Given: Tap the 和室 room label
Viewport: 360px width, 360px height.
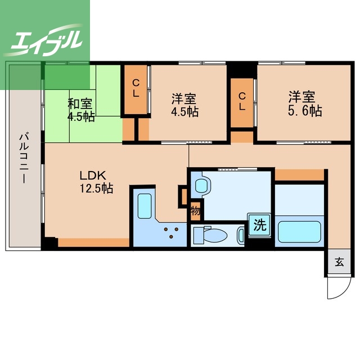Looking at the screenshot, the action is click(x=80, y=104).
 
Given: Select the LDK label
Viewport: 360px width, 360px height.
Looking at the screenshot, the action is click(x=93, y=175).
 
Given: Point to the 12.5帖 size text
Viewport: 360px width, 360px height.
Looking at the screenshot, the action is click(x=96, y=188).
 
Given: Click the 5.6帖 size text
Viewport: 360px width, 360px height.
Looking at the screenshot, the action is click(x=305, y=111).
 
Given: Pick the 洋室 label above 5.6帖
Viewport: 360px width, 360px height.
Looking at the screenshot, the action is click(x=302, y=97).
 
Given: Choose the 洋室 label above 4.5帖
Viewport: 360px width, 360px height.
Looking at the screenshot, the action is click(x=184, y=99).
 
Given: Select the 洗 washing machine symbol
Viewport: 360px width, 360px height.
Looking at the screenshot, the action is click(x=260, y=225).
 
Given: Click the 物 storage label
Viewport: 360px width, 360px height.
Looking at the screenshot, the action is click(x=196, y=211).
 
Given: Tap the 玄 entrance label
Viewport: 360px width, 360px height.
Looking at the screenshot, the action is click(x=339, y=262).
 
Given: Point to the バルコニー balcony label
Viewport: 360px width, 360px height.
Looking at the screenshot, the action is click(x=24, y=159).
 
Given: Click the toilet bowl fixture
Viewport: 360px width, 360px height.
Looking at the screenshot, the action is click(x=211, y=235).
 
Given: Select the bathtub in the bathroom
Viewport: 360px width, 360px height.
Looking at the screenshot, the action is click(x=299, y=231).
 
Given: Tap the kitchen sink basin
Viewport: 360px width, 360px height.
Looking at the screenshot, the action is click(x=145, y=206).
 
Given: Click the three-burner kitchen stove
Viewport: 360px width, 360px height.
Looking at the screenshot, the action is click(x=171, y=232).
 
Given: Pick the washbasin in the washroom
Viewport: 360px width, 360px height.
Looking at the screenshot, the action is click(x=203, y=186).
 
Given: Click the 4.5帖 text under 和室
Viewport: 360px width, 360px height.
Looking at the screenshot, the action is click(x=81, y=117).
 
